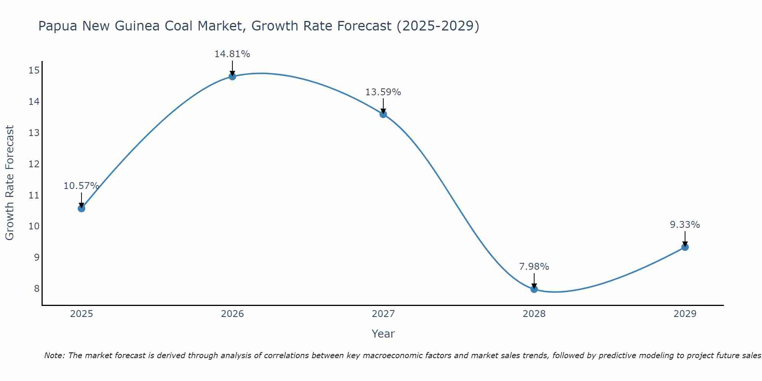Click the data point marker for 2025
[81, 208]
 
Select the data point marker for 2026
[232, 76]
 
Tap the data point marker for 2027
[383, 114]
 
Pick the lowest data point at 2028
[534, 289]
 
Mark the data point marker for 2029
[685, 247]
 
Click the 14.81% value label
[232, 54]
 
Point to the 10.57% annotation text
[81, 186]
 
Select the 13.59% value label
[383, 92]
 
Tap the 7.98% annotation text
[534, 267]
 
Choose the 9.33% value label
[685, 225]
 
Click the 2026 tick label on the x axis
[232, 314]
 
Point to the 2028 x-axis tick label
[534, 314]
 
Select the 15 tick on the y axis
[34, 70]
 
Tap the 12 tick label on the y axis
[34, 164]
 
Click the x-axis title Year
[383, 334]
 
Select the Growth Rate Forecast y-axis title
[10, 182]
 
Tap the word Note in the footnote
[55, 355]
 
